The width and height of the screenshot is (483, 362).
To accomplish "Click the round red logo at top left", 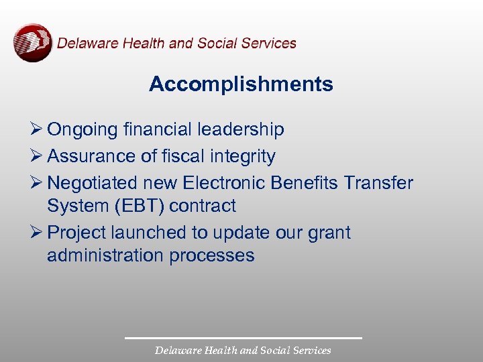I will [x=32, y=42].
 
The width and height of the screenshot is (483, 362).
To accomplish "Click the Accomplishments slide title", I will [x=241, y=84].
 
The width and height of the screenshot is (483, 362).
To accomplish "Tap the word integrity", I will [x=243, y=156].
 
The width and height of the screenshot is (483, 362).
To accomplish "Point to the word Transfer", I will [x=380, y=183].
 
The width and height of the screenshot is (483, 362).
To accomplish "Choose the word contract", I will [x=203, y=206].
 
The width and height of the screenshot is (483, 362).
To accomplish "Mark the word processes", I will [x=217, y=256].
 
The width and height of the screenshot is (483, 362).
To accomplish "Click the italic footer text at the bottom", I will [x=243, y=351].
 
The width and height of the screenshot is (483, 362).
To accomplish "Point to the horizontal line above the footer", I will [x=243, y=338].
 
